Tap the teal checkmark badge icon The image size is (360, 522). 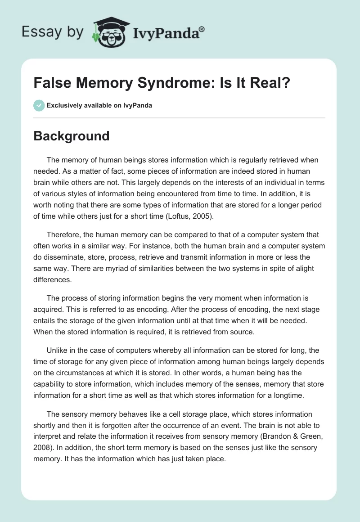39,106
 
